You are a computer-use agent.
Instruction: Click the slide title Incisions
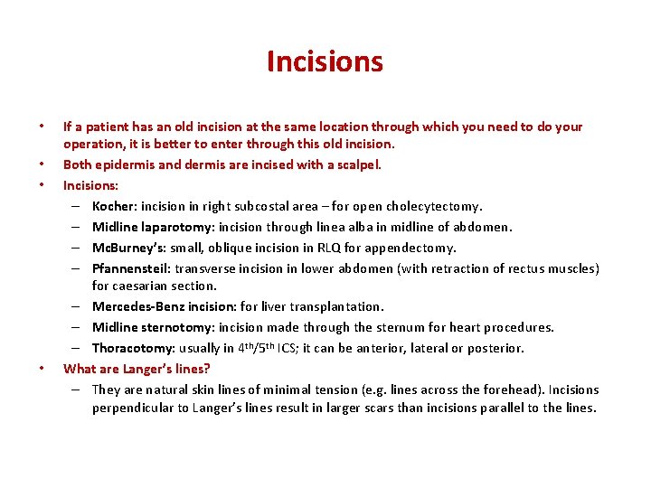point(325,61)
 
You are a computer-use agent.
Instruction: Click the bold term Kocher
point(113,206)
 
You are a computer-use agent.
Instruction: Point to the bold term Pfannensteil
point(131,268)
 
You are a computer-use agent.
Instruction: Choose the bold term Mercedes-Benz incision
point(164,306)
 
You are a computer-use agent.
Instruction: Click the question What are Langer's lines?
point(137,369)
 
